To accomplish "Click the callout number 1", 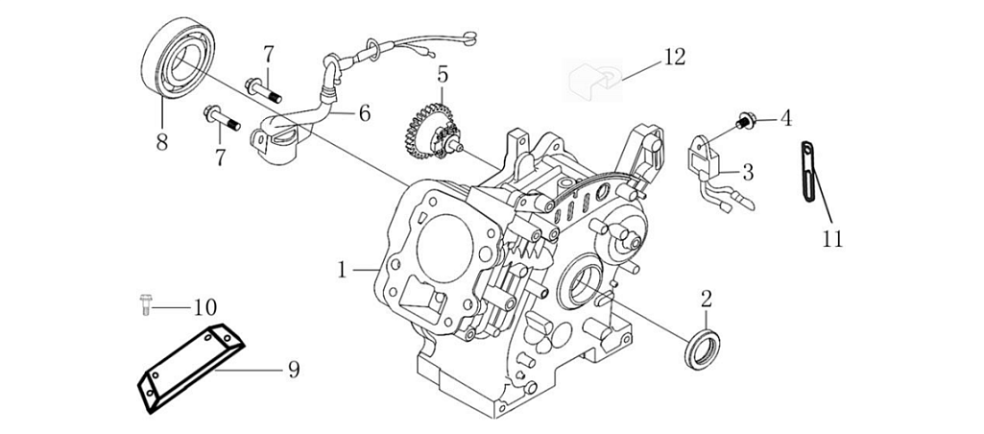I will [x=342, y=271].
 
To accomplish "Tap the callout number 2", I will [x=706, y=299].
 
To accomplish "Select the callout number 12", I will [x=674, y=58].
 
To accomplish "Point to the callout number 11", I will [x=832, y=237].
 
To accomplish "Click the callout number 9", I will [x=294, y=369].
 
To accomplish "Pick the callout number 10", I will [x=204, y=308].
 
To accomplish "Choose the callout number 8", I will [x=162, y=142].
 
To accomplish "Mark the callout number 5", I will [x=442, y=74].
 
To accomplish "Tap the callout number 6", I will [x=365, y=113].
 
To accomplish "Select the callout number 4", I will [x=786, y=119].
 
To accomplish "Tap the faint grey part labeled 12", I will [x=591, y=78].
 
